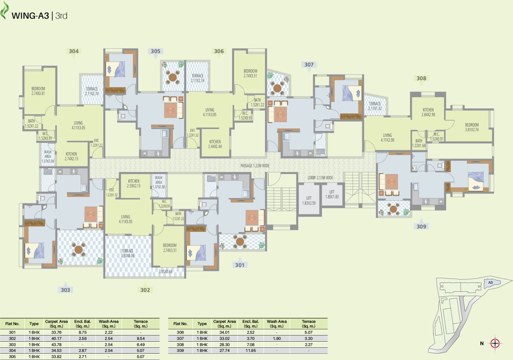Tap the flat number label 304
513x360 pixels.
(x=74, y=51)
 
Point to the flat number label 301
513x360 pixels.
(x=239, y=265)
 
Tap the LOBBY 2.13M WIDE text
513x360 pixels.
(x=320, y=178)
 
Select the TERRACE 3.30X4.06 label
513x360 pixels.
(x=128, y=253)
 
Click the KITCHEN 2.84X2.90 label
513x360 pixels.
(x=428, y=112)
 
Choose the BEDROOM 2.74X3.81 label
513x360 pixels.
(x=38, y=91)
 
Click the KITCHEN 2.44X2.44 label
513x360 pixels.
(x=215, y=144)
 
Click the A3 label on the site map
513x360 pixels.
(x=490, y=283)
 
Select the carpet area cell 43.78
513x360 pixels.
(x=54, y=345)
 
